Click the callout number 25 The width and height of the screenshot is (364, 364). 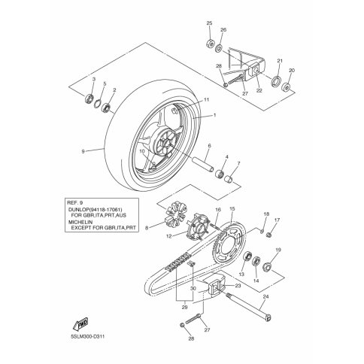click(x=209, y=23)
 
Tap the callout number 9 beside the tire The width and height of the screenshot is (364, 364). click(x=83, y=151)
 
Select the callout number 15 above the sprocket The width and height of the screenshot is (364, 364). click(x=232, y=208)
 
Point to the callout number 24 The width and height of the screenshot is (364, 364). click(x=266, y=297)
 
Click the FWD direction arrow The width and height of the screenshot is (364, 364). click(x=80, y=323)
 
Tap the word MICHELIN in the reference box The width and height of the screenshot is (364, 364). click(x=80, y=222)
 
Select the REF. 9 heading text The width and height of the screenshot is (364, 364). click(x=74, y=202)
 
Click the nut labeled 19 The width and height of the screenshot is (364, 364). click(x=267, y=267)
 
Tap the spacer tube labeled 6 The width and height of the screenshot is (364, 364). click(x=202, y=163)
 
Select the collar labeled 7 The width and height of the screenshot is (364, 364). click(x=229, y=180)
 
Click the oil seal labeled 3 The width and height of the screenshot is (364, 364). click(x=89, y=99)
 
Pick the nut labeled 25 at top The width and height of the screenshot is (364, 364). click(x=211, y=44)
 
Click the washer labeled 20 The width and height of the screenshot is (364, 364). click(x=286, y=87)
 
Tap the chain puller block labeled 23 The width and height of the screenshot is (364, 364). click(x=215, y=288)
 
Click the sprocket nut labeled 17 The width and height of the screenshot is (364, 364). click(x=269, y=235)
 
